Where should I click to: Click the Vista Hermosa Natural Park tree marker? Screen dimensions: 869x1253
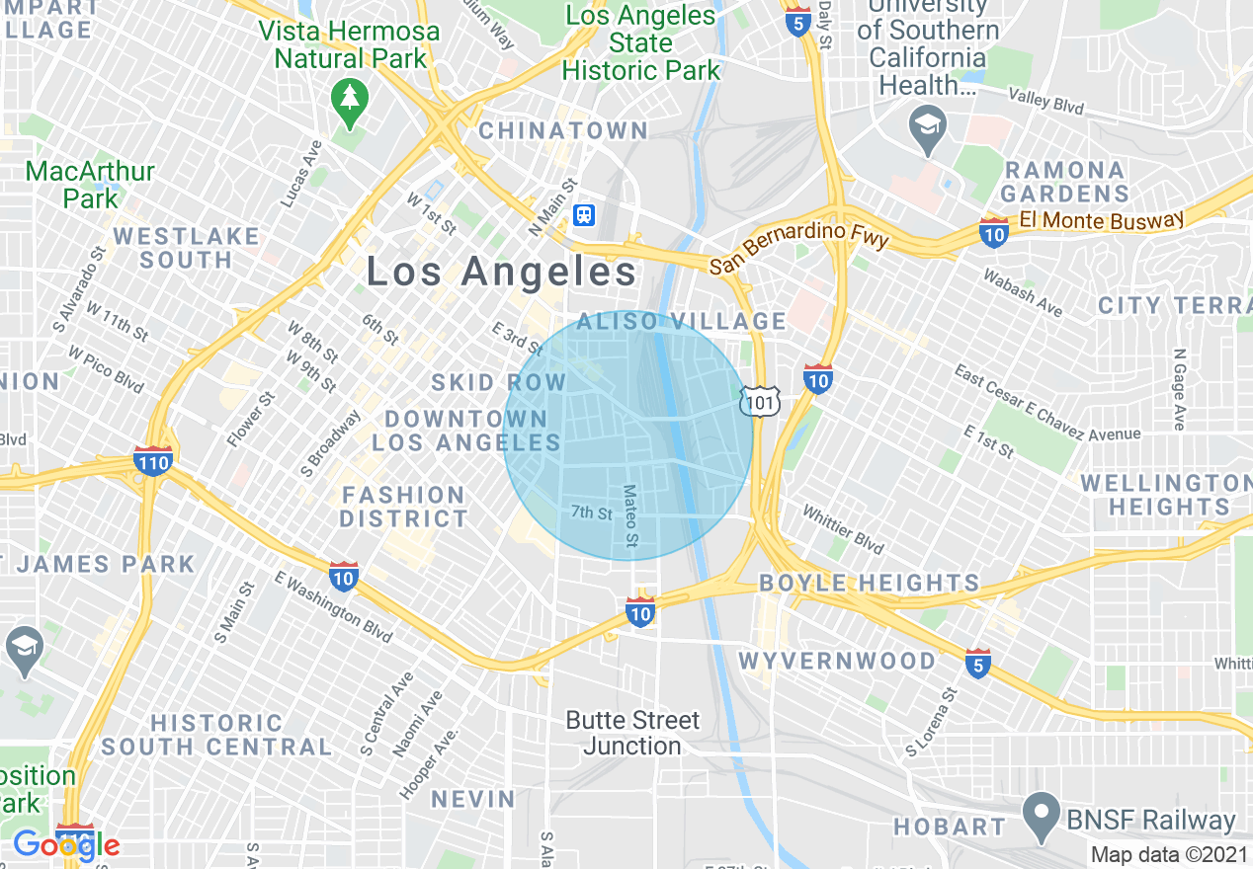click(349, 98)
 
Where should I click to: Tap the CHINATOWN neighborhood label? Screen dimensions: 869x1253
click(563, 130)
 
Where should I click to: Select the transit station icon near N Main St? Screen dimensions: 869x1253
click(584, 215)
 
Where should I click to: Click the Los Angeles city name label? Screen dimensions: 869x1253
click(502, 273)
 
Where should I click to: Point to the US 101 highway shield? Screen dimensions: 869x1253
click(761, 400)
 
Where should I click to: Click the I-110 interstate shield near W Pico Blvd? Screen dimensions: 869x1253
click(153, 459)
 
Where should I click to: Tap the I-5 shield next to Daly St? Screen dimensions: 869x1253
click(799, 21)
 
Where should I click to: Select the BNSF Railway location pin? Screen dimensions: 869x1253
click(1040, 814)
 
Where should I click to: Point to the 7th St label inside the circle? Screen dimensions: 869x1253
click(592, 513)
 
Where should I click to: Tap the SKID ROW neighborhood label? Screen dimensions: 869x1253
click(499, 382)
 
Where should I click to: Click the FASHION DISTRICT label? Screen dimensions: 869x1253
click(403, 507)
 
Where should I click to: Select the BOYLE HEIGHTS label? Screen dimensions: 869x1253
click(869, 583)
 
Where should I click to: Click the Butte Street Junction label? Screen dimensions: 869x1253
click(632, 733)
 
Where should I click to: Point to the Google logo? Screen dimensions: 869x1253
click(66, 845)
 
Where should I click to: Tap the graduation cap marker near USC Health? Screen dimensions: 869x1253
click(928, 127)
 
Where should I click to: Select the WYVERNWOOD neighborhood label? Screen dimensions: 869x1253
click(837, 661)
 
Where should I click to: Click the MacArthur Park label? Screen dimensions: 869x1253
click(90, 185)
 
